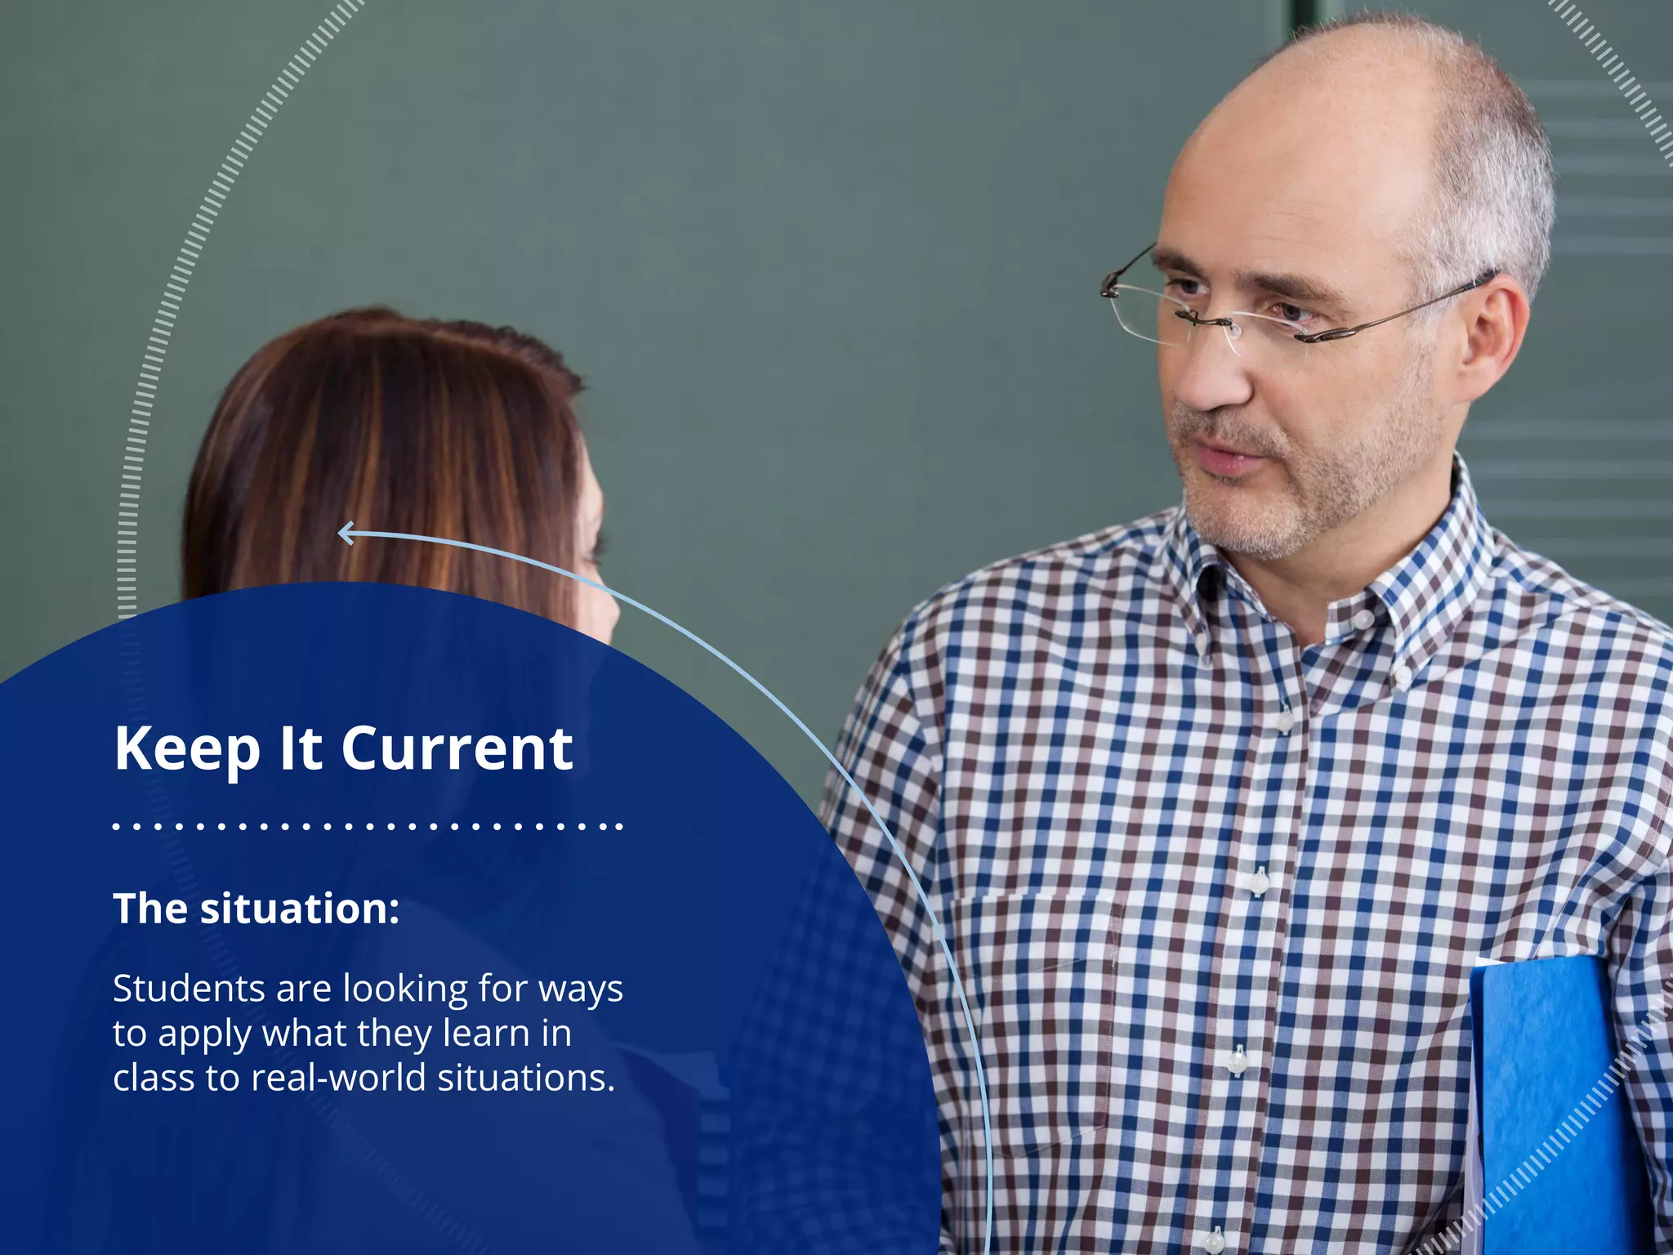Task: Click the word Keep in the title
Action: [x=186, y=749]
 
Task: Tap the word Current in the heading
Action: [x=457, y=749]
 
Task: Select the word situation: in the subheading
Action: [x=300, y=909]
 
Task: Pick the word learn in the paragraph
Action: [x=486, y=1034]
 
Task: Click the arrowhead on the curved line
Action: [x=346, y=534]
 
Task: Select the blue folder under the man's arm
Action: [x=1552, y=1103]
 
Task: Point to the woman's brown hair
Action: [x=384, y=441]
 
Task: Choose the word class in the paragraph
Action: [x=154, y=1078]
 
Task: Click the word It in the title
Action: [x=301, y=749]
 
